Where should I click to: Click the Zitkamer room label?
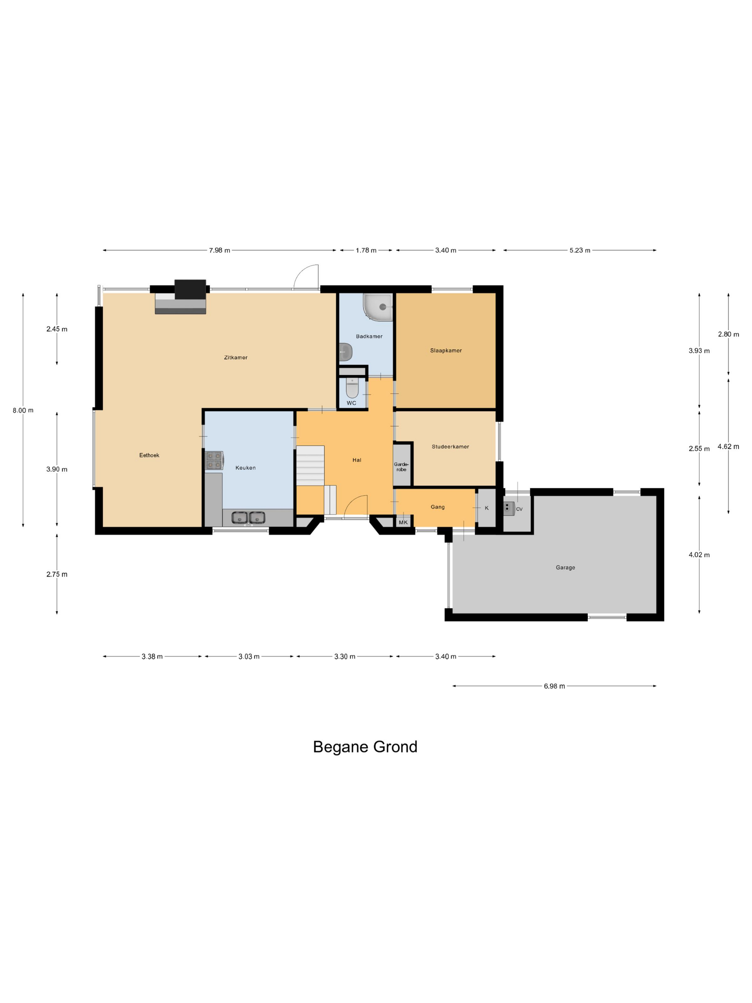pyautogui.click(x=236, y=357)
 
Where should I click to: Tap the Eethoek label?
pyautogui.click(x=149, y=455)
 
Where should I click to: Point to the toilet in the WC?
pyautogui.click(x=352, y=389)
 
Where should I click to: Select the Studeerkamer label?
pyautogui.click(x=450, y=447)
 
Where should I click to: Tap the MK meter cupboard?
pyautogui.click(x=403, y=522)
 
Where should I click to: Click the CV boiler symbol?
pyautogui.click(x=509, y=508)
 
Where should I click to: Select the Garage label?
pyautogui.click(x=565, y=567)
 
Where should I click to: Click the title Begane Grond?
pyautogui.click(x=365, y=747)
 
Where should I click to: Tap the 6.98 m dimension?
pyautogui.click(x=554, y=686)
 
